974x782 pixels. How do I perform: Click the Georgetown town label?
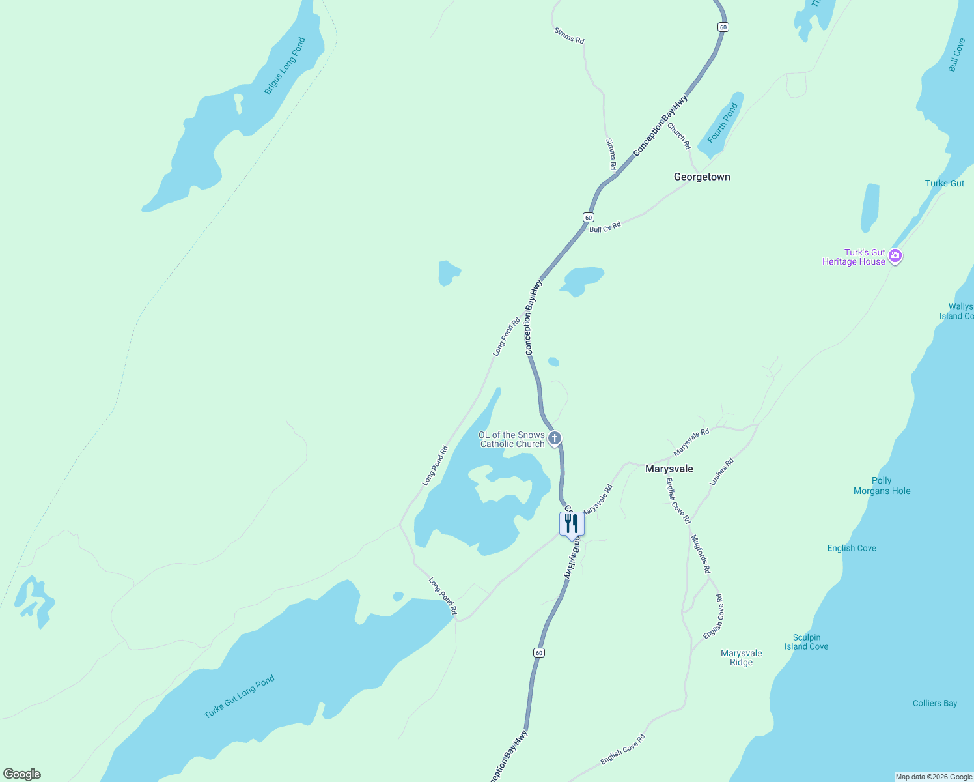coord(702,177)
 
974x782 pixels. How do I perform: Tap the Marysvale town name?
coord(669,469)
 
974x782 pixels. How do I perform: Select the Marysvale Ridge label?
coord(741,658)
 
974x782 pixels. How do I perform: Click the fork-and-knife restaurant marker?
coord(572,523)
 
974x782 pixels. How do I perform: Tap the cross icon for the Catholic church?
coord(555,438)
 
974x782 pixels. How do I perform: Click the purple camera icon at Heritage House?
coord(895,256)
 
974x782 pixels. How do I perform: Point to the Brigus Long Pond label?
coord(285,66)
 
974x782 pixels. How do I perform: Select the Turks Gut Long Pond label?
coord(240,697)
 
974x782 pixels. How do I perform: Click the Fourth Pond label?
coord(723,123)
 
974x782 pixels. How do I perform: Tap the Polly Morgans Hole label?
coord(882,486)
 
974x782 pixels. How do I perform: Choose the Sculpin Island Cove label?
coord(806,643)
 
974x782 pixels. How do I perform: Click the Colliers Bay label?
coord(934,704)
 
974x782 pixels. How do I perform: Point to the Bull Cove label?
coord(956,55)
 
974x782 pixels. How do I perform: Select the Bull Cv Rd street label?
coord(605,227)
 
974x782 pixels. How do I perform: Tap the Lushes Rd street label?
coord(721,472)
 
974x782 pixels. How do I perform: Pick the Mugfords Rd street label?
coord(701,555)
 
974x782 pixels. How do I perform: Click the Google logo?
coord(22,774)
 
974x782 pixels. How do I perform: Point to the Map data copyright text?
coord(934,777)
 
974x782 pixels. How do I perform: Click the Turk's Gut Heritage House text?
coord(854,257)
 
